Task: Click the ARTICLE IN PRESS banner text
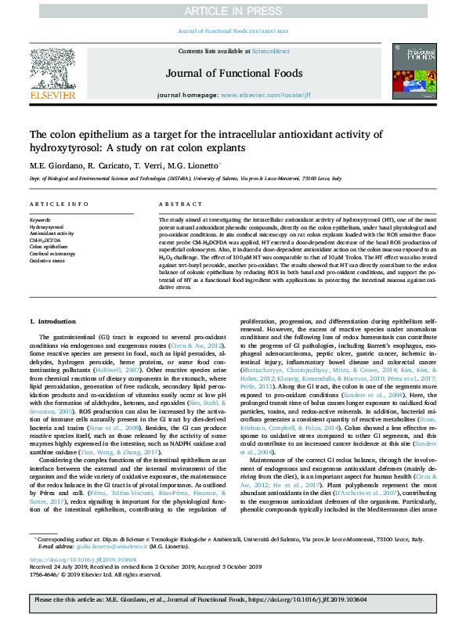232,11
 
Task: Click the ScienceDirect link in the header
271,50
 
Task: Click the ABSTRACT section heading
176,204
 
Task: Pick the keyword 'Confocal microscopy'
54,253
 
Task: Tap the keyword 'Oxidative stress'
48,260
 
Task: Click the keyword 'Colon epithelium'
49,247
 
